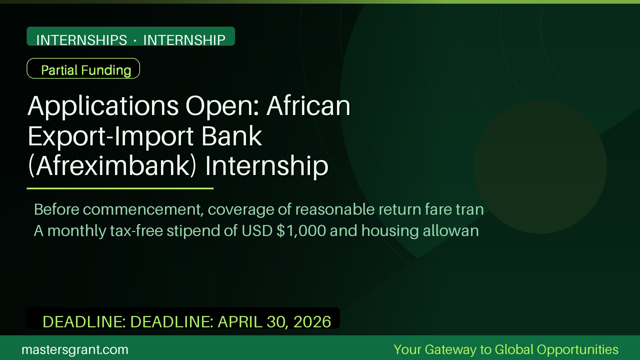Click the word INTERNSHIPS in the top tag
[82, 40]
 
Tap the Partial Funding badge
[83, 69]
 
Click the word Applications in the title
[103, 106]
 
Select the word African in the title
[308, 106]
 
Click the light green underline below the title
[120, 188]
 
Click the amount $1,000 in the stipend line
[301, 231]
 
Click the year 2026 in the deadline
[312, 322]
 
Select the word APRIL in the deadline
[240, 322]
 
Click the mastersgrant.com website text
[75, 350]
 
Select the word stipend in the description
[193, 231]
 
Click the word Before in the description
[56, 210]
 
